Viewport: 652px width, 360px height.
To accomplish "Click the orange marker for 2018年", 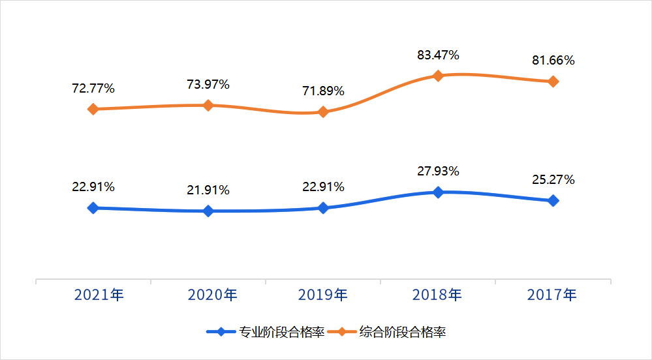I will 438,76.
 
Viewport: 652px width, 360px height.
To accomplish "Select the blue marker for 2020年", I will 208,211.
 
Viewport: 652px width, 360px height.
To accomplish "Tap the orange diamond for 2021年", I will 93,109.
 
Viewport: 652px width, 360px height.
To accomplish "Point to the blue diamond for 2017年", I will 553,201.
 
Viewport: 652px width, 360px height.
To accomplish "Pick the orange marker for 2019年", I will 323,112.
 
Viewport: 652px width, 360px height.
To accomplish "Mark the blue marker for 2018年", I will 438,192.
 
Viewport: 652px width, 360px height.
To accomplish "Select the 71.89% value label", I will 322,91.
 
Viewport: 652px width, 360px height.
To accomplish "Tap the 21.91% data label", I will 208,190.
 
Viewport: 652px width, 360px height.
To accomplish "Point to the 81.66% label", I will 553,61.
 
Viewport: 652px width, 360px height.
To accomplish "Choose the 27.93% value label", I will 438,172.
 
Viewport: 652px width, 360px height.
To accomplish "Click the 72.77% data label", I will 93,88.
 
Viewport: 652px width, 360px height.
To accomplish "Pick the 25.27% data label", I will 553,180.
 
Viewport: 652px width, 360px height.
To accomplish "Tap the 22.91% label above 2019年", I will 322,187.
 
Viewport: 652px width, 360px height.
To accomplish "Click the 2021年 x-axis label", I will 99,295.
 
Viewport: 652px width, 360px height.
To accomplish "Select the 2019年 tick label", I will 323,295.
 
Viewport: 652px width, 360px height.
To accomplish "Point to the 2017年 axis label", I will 552,295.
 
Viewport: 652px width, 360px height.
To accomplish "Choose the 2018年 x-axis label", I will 437,295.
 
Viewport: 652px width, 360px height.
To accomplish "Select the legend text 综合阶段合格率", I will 403,332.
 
